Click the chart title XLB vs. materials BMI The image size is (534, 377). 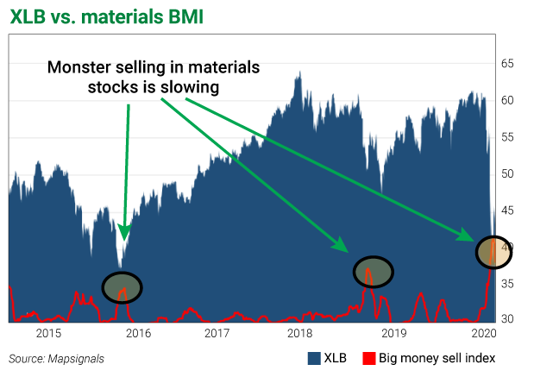(x=107, y=16)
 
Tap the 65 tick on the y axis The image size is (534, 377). (x=509, y=64)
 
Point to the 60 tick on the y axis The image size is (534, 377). (x=509, y=100)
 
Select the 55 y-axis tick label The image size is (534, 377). (x=509, y=137)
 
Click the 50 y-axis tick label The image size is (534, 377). (x=509, y=173)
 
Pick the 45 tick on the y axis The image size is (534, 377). (x=509, y=210)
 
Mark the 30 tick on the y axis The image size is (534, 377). (x=509, y=319)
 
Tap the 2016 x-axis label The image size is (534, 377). (x=138, y=333)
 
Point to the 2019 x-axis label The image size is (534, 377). (x=393, y=333)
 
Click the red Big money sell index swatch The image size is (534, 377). (x=369, y=357)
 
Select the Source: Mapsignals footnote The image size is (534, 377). (x=54, y=357)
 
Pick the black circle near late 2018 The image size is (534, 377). (x=373, y=272)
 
